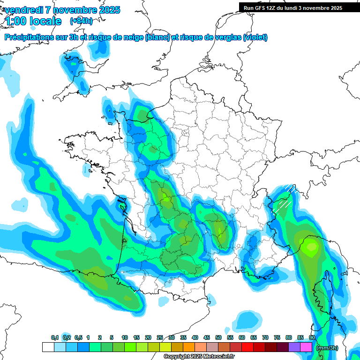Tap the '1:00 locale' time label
coord(33,21)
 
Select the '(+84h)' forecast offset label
coord(81,21)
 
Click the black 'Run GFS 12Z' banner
coord(293,8)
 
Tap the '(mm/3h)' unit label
coord(327,348)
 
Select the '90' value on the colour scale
coord(312,337)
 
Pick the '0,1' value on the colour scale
coord(55,337)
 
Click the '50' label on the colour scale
coord(218,337)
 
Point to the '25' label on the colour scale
coord(160,337)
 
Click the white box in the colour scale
coord(48,347)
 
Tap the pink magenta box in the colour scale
coord(306,347)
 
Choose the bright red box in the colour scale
coord(247,347)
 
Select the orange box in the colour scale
coord(189,347)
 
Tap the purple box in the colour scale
coord(294,347)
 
